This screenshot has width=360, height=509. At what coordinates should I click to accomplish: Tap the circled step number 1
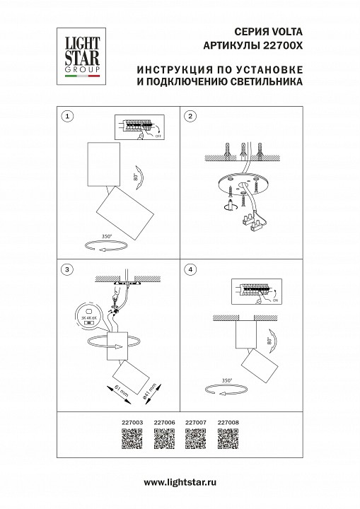click(x=66, y=115)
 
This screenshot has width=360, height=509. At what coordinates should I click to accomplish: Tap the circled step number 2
click(x=189, y=115)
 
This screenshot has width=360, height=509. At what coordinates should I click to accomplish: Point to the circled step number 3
click(x=66, y=269)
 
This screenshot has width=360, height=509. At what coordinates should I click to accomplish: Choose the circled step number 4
click(x=189, y=269)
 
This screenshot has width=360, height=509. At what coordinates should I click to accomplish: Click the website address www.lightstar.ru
click(x=180, y=482)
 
